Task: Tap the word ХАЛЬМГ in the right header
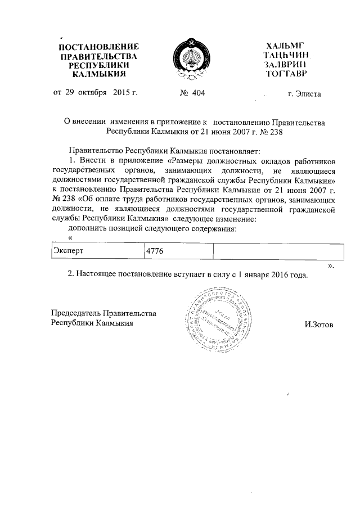[289, 45]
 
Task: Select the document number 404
[198, 93]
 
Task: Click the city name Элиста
[309, 93]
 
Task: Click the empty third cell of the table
[278, 250]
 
